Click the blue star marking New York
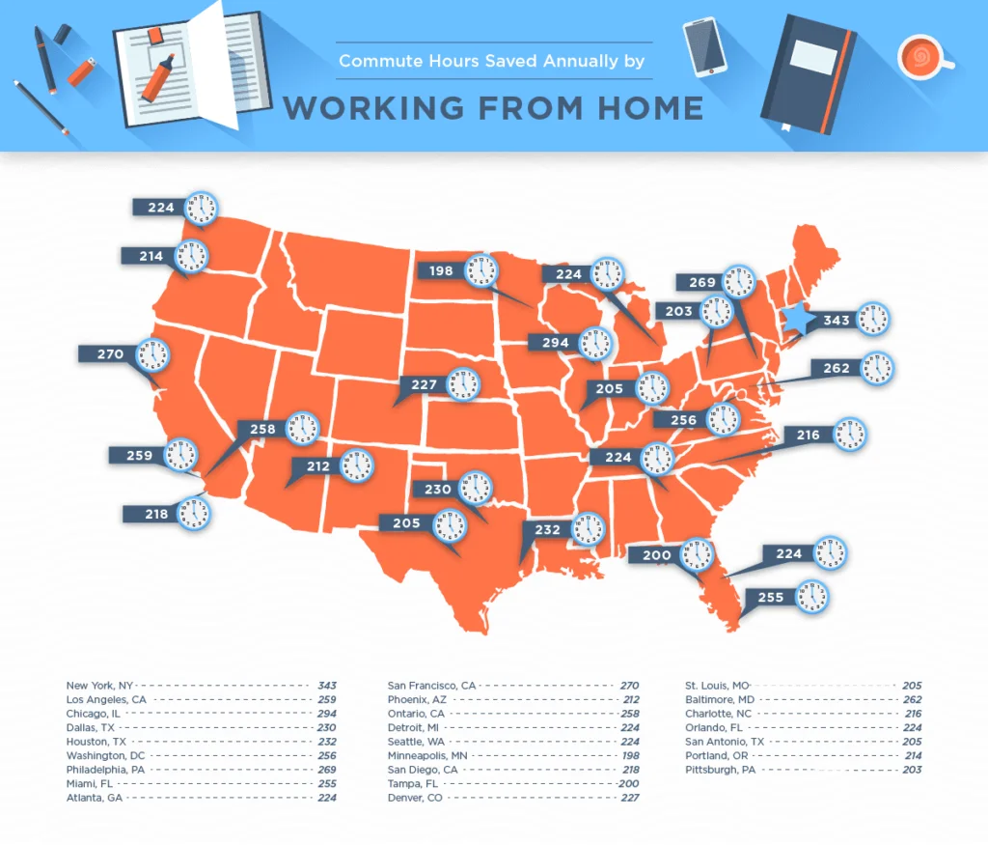(x=799, y=320)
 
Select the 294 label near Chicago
(x=555, y=342)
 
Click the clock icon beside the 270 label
(x=152, y=354)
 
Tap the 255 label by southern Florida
(x=770, y=598)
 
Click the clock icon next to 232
(x=588, y=529)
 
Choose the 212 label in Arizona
(x=318, y=467)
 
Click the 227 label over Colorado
(x=424, y=384)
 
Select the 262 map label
(x=836, y=368)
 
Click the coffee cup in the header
(x=919, y=58)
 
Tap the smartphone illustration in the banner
(x=704, y=45)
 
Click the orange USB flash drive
(x=82, y=70)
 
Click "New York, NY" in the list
(x=100, y=686)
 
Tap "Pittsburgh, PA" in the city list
(x=720, y=770)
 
